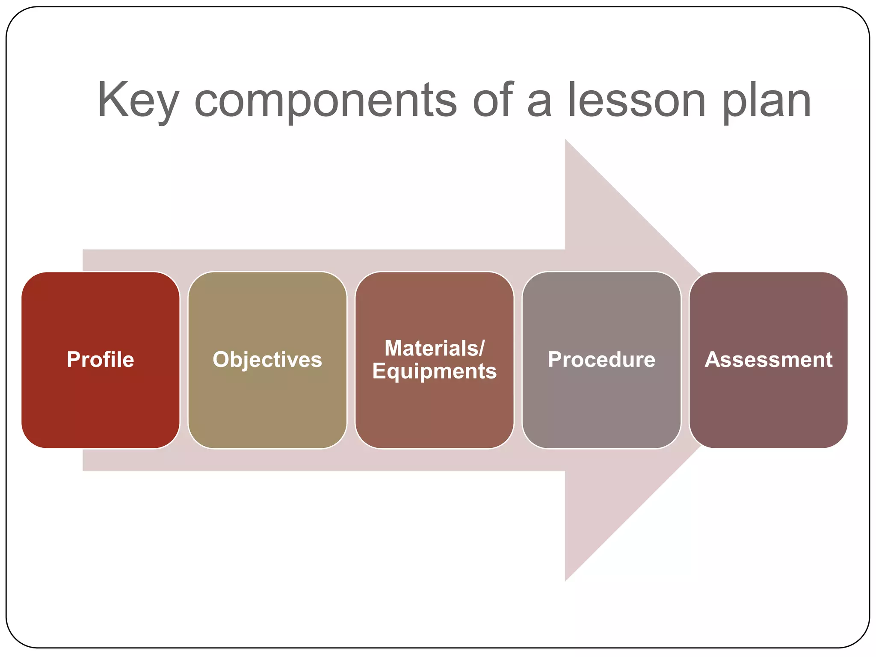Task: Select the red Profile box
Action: pos(101,406)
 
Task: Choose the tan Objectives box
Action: pos(267,406)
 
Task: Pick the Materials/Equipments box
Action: pos(434,411)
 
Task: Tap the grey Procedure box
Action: pos(601,406)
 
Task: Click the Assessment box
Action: pos(768,406)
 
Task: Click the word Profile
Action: pos(101,359)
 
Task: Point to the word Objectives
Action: pos(267,360)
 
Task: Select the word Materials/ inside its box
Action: pos(434,348)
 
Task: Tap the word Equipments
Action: pos(434,371)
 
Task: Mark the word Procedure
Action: pos(601,360)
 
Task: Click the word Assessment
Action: pos(768,360)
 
